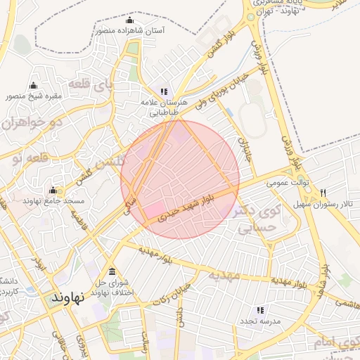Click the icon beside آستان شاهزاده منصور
128,20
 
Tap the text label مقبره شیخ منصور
34,96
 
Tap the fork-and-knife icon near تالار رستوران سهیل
323,193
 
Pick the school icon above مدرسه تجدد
260,309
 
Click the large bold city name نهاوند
67,297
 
